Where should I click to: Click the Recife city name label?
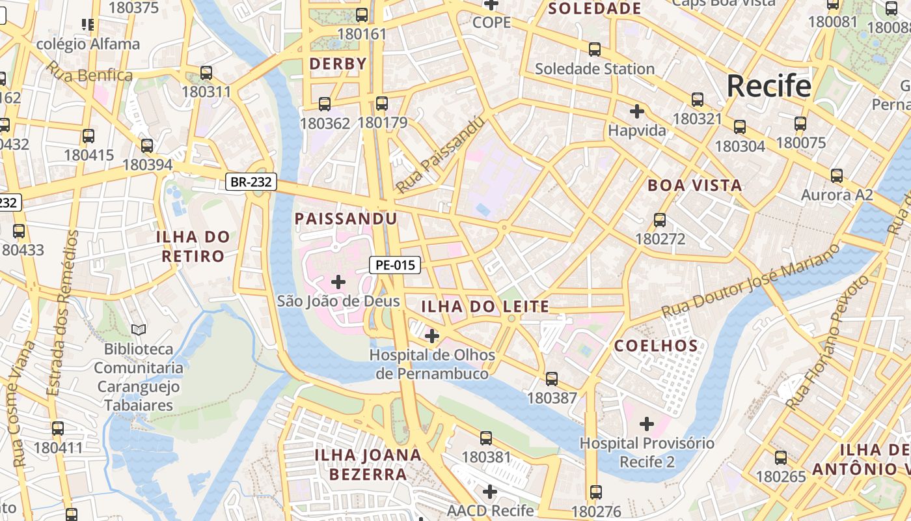[x=768, y=86]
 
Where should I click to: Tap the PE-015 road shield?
[x=395, y=265]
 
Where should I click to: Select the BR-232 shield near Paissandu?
[x=252, y=182]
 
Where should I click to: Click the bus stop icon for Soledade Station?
[x=594, y=49]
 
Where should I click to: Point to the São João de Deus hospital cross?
[x=338, y=282]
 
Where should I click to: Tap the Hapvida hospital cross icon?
[x=637, y=111]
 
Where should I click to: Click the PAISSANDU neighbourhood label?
[x=346, y=218]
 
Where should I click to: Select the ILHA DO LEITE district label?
[x=485, y=306]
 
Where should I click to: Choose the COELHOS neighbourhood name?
[x=656, y=345]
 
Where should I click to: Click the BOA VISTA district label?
[x=695, y=185]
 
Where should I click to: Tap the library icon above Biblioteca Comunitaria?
[x=139, y=330]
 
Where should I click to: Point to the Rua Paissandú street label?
[x=441, y=156]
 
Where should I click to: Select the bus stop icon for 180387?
[x=552, y=379]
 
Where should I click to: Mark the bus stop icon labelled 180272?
[x=660, y=220]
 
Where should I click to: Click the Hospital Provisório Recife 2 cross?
[x=646, y=425]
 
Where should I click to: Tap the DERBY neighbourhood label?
[x=338, y=64]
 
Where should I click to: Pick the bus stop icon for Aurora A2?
[x=837, y=175]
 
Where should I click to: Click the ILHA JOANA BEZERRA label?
[x=368, y=464]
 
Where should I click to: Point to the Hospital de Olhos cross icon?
[x=431, y=336]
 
